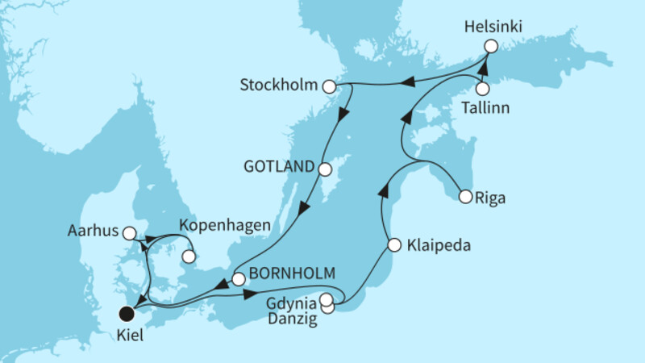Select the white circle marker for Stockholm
click(x=328, y=86)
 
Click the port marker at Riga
click(x=465, y=195)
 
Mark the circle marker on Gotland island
click(x=325, y=169)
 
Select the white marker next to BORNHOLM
click(x=238, y=279)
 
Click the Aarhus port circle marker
click(x=127, y=233)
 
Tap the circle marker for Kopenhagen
click(x=188, y=257)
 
